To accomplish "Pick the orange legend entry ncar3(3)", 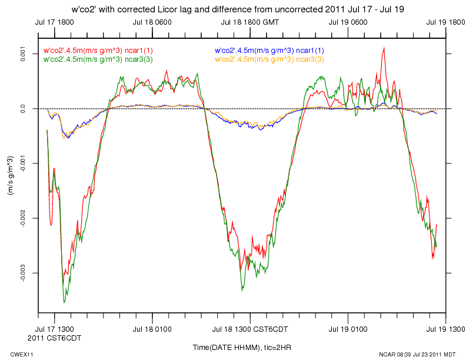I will coord(269,59).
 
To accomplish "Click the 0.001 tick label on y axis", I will coord(24,54).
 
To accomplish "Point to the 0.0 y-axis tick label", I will coord(24,109).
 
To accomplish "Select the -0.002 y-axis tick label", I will coord(24,218).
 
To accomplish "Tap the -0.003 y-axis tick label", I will coord(24,273).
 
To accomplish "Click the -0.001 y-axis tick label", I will coord(24,164).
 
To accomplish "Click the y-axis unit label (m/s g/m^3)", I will coord(11,176).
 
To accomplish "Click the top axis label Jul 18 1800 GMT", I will coord(251,22).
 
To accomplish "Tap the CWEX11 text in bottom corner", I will coord(22,355).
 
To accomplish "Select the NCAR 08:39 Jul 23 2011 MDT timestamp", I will coord(418,355).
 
